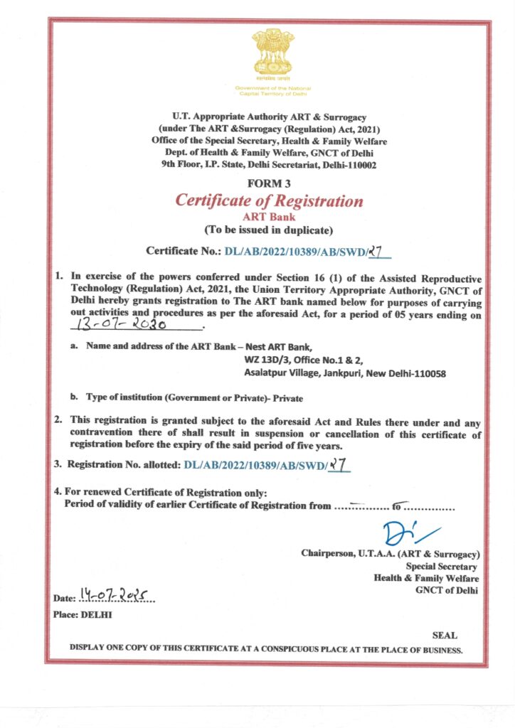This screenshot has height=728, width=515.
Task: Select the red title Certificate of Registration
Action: coord(269,200)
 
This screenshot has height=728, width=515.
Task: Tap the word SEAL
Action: coord(445,635)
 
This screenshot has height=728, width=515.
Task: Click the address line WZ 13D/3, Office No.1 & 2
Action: coord(304,359)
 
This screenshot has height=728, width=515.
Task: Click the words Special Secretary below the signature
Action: coord(442,566)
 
